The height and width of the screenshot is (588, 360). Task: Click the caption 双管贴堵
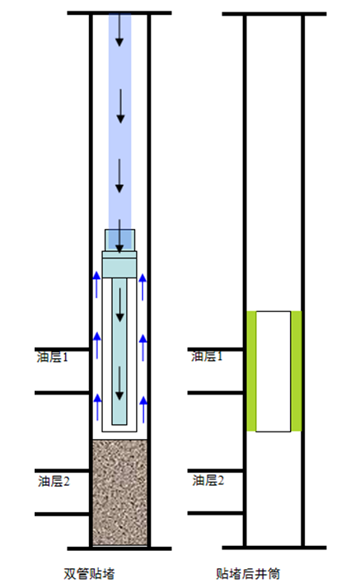click(x=89, y=574)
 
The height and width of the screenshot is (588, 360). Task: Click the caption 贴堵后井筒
click(x=248, y=574)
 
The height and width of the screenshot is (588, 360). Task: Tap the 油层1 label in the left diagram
click(x=53, y=357)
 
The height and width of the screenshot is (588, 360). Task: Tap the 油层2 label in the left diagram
click(x=54, y=481)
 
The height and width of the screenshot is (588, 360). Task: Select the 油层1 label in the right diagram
click(x=207, y=356)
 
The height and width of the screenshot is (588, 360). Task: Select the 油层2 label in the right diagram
click(x=208, y=480)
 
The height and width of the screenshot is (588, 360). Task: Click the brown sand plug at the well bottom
click(x=119, y=492)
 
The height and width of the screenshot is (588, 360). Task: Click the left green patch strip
click(x=251, y=371)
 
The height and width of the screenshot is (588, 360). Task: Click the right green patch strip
click(x=296, y=371)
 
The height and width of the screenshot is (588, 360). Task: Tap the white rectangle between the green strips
click(x=273, y=371)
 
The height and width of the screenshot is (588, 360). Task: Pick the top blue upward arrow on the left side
click(x=96, y=285)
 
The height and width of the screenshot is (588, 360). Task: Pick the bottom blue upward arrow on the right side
click(x=143, y=408)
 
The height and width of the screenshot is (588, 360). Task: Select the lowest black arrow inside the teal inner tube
click(x=119, y=383)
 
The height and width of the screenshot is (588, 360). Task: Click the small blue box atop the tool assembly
click(x=119, y=240)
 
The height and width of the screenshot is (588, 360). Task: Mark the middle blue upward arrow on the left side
click(x=97, y=345)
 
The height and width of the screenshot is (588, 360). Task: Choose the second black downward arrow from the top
click(x=120, y=106)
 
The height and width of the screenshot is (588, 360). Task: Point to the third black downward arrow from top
click(x=119, y=176)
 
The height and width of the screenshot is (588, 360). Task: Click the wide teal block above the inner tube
click(x=119, y=264)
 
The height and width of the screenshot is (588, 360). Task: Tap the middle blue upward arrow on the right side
click(x=143, y=348)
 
